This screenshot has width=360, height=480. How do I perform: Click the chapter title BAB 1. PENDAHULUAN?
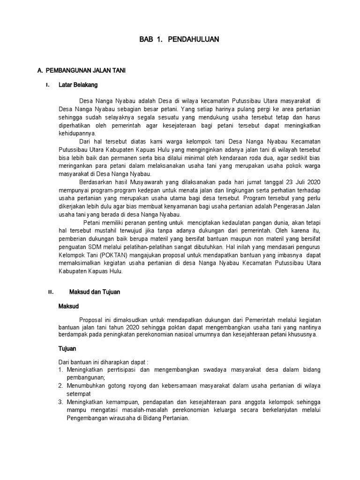pos(179,40)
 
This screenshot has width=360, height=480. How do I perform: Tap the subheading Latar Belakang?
pos(78,85)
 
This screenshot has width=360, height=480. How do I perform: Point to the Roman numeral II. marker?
pos(51,292)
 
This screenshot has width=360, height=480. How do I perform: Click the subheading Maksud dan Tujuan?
pos(95,292)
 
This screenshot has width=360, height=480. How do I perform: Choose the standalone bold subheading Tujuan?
pos(67,349)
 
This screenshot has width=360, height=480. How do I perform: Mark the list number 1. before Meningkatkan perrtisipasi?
pos(60,370)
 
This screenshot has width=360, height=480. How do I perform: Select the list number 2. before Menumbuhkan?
pos(60,385)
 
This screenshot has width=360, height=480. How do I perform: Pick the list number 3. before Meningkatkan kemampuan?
pos(60,402)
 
